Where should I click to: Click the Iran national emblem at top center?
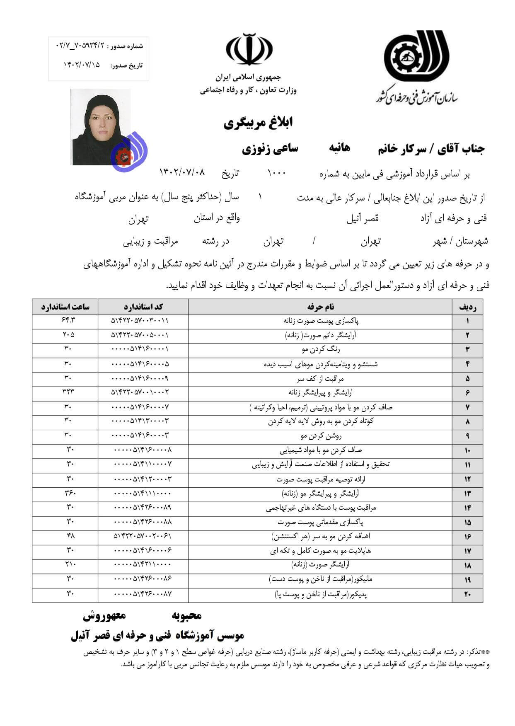(249, 49)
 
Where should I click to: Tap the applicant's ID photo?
(101, 127)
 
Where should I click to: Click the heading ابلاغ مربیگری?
(258, 122)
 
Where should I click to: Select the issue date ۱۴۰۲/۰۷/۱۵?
(82, 65)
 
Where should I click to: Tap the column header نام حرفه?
(320, 307)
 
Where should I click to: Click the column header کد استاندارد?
(143, 307)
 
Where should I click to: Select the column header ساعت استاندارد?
(65, 307)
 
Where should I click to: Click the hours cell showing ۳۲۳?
(68, 392)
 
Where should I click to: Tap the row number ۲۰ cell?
(467, 595)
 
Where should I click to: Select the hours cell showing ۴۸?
(70, 536)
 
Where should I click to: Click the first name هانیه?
(339, 148)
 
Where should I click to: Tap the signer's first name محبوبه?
(186, 616)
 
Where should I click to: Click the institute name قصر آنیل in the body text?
(363, 218)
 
